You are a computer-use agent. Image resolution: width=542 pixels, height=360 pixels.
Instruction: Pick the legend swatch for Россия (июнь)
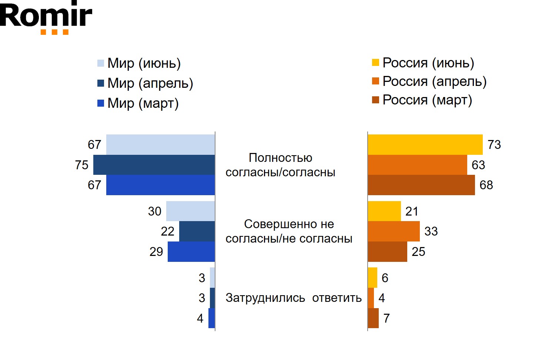click(x=375, y=63)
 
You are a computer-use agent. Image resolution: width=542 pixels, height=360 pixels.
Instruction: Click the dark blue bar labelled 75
click(x=154, y=165)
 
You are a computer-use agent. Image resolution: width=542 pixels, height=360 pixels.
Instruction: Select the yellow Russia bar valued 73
click(x=425, y=144)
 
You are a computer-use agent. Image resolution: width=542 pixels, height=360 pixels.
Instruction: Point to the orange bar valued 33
click(x=394, y=231)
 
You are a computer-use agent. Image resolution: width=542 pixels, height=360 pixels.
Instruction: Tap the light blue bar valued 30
click(x=190, y=211)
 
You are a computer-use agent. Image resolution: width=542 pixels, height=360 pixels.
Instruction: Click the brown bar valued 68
click(x=421, y=185)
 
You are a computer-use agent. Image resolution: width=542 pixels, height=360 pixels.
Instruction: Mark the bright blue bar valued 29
click(x=191, y=251)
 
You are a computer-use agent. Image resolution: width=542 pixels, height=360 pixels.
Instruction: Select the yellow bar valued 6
click(x=372, y=277)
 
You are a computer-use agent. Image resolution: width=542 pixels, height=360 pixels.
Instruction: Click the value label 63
click(x=478, y=165)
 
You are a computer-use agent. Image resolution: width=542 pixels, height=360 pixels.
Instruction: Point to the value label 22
click(x=167, y=231)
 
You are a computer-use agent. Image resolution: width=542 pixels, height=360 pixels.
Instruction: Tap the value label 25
click(x=418, y=252)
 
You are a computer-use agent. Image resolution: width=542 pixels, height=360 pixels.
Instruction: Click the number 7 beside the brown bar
click(x=387, y=318)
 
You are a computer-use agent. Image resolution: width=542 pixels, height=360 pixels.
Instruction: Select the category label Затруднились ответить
click(x=293, y=298)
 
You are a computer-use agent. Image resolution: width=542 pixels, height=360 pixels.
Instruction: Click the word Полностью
click(x=280, y=158)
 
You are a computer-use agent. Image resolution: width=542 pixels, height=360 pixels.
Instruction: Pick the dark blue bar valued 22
click(x=197, y=231)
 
